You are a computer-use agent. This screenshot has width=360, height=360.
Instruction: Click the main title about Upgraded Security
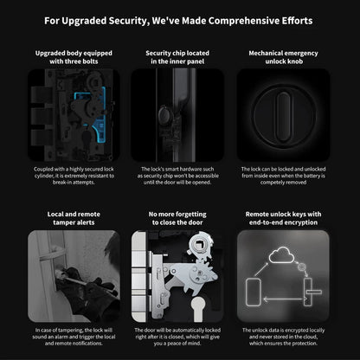[179, 19]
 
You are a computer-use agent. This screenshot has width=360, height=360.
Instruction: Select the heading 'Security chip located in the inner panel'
[179, 57]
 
